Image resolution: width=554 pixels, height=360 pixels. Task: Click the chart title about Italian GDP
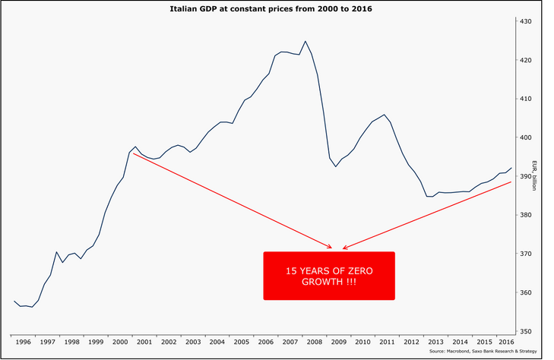(x=277, y=9)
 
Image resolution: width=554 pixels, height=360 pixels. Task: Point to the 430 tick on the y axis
(x=525, y=21)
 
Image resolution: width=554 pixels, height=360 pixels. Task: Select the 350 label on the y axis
(x=525, y=331)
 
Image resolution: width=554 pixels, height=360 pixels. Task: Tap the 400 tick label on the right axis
(x=525, y=137)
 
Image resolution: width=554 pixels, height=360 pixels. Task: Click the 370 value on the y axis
(x=525, y=254)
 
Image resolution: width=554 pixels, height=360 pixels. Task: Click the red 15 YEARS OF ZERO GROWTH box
(x=329, y=276)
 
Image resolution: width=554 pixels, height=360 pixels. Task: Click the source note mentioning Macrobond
(x=483, y=352)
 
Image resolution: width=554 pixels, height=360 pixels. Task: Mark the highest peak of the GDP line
(x=305, y=41)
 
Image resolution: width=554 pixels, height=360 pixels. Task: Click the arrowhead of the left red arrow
(x=331, y=248)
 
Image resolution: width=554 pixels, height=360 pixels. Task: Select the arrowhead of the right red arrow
(x=344, y=248)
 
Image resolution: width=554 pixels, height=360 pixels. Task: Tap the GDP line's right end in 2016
(x=512, y=168)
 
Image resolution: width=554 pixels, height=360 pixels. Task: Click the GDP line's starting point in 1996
(x=14, y=302)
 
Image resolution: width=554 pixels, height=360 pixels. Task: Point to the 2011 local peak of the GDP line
(x=385, y=115)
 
